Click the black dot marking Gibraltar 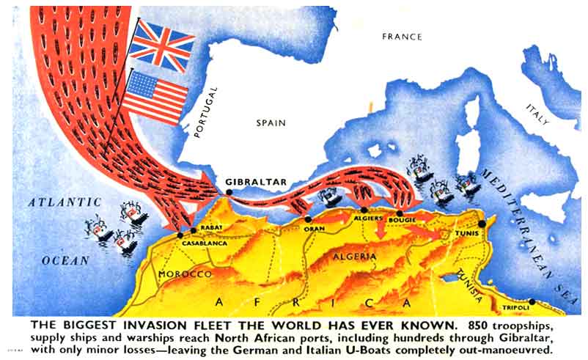click(229, 192)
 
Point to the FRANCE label click(402, 37)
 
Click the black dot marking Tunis click(482, 224)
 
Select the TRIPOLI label click(517, 308)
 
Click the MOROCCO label click(185, 273)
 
